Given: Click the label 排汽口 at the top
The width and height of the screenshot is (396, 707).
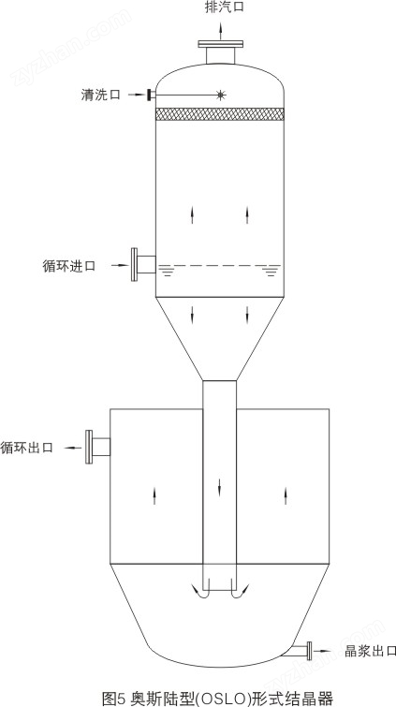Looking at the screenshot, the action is click(x=225, y=8).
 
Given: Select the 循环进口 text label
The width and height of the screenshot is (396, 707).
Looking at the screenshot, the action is click(x=69, y=266).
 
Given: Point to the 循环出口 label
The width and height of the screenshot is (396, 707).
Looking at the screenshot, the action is click(x=27, y=448).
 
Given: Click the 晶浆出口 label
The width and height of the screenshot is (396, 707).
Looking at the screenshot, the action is click(x=370, y=651).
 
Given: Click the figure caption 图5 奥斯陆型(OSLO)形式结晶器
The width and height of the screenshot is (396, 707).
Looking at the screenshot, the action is click(x=217, y=699).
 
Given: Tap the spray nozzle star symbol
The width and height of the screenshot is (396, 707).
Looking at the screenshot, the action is click(x=220, y=95).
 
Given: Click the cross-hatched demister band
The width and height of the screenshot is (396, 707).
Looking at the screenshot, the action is click(x=220, y=114).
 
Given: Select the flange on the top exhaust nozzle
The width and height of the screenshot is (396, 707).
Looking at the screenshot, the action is click(x=221, y=44).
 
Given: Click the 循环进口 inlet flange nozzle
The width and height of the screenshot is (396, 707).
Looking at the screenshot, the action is click(x=143, y=265).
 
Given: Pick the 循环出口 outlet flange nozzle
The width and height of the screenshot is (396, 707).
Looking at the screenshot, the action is click(x=98, y=447).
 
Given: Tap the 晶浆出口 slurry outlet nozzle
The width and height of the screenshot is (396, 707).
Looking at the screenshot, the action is click(x=301, y=651).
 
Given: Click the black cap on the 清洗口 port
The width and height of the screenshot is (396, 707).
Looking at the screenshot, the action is click(x=149, y=95).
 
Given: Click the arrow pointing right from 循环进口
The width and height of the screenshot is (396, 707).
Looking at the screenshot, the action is click(x=121, y=265).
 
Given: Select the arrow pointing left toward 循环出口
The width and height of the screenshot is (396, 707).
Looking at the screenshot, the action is click(x=73, y=448).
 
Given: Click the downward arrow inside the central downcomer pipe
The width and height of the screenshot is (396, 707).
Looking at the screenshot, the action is click(x=220, y=488).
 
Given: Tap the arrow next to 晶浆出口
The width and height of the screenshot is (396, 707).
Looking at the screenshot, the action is click(x=323, y=651).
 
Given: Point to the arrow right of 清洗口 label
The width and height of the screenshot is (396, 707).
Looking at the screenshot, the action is click(x=137, y=95).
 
